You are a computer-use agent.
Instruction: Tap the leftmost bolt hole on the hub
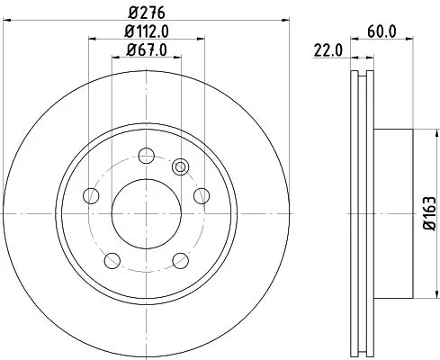(x=89, y=195)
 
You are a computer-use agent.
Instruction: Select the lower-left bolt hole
(x=112, y=260)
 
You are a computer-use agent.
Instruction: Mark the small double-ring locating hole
(x=180, y=166)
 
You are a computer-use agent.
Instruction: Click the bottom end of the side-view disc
(x=362, y=350)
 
